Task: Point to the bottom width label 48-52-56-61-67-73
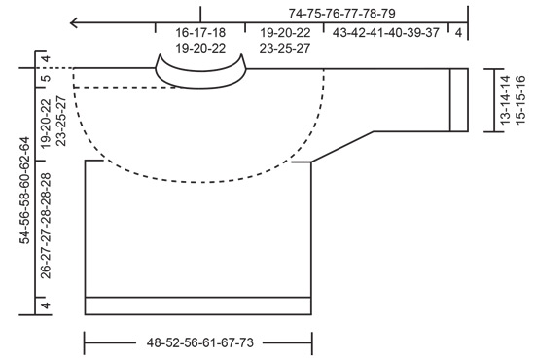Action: pos(200,342)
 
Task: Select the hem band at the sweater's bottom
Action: pos(199,305)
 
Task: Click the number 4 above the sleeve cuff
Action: pos(458,32)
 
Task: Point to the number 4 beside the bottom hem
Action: pos(46,305)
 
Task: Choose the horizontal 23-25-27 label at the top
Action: pos(284,46)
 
